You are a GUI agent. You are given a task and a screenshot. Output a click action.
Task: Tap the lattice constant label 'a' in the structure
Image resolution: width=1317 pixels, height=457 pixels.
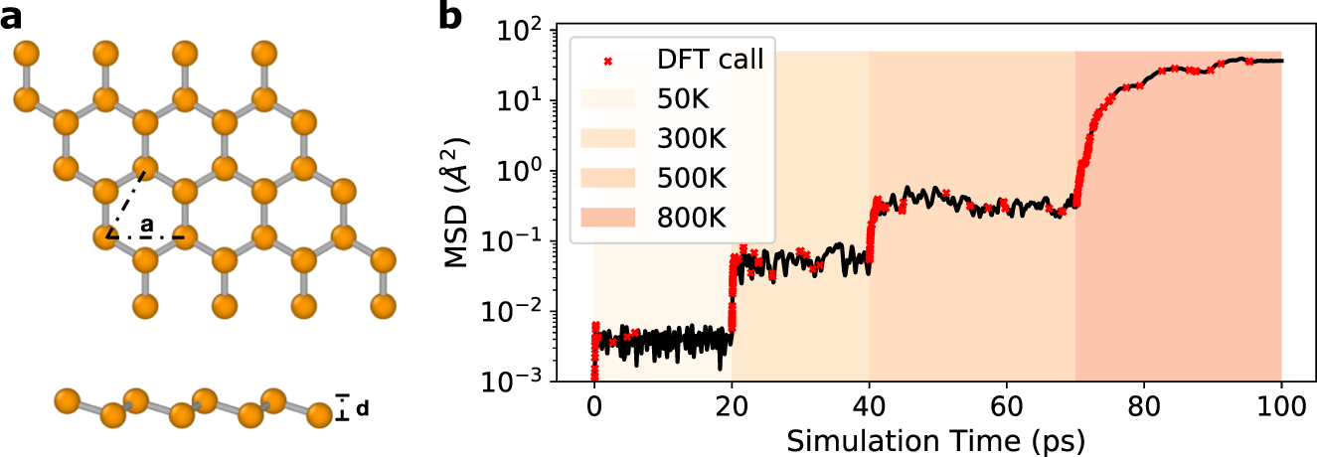[x=147, y=224]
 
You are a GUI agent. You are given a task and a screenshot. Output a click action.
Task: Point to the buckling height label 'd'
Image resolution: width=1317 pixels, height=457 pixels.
[x=362, y=408]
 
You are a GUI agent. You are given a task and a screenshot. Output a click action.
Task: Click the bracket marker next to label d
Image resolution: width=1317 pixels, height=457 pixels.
[x=343, y=407]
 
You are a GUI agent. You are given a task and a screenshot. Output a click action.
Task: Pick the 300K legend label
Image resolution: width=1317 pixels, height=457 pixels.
[x=686, y=137]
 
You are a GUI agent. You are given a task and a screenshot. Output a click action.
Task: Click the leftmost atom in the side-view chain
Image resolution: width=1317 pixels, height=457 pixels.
[x=67, y=401]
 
